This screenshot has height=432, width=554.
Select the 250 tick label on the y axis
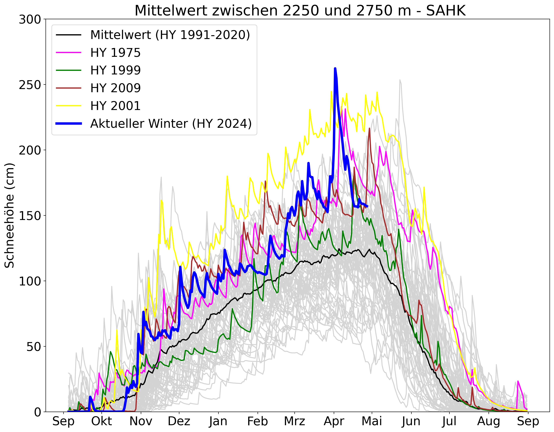[x=30, y=85]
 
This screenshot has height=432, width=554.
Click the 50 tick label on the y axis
[x=34, y=347]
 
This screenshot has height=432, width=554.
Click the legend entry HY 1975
[x=115, y=53]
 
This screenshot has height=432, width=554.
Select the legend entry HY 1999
[x=115, y=70]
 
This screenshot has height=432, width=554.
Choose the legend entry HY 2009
[x=115, y=88]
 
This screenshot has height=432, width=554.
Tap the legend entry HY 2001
[x=115, y=106]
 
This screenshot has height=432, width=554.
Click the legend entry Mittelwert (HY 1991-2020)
[x=170, y=35]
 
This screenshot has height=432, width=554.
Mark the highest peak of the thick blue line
[x=335, y=69]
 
